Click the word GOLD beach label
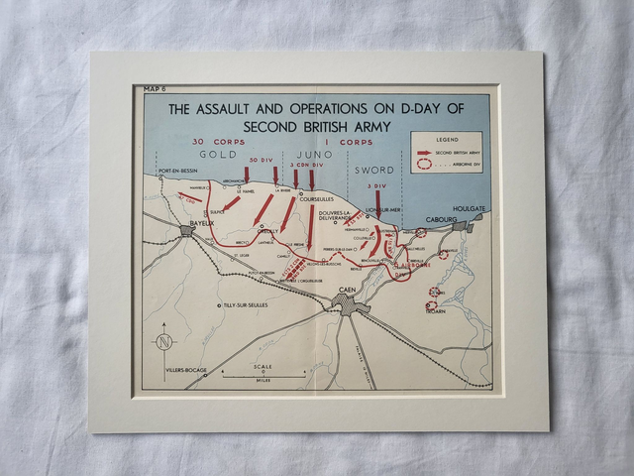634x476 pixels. pyautogui.click(x=218, y=155)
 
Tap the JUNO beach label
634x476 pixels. pyautogui.click(x=313, y=155)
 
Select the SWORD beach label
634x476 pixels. pyautogui.click(x=374, y=170)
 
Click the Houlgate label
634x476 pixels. pyautogui.click(x=469, y=209)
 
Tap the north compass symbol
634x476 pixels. pyautogui.click(x=164, y=342)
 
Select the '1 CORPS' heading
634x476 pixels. pyautogui.click(x=355, y=142)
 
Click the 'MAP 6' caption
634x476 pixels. pyautogui.click(x=154, y=89)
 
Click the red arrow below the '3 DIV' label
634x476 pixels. pyautogui.click(x=377, y=203)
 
